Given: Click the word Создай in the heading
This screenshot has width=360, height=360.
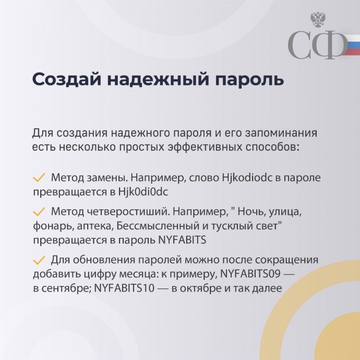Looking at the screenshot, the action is pyautogui.click(x=67, y=79).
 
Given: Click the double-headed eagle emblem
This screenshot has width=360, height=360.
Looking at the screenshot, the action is pyautogui.click(x=318, y=20).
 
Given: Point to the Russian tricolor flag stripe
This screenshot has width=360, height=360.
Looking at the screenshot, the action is pyautogui.click(x=351, y=45).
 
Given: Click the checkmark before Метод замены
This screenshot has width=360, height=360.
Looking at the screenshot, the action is pyautogui.click(x=39, y=178).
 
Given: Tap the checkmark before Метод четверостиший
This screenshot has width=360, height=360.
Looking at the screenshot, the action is pyautogui.click(x=39, y=211).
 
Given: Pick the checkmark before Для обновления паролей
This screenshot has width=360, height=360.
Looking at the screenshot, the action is pyautogui.click(x=39, y=260).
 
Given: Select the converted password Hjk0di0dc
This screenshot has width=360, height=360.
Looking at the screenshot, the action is pyautogui.click(x=143, y=192).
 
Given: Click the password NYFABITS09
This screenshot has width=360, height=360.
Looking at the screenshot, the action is pyautogui.click(x=250, y=274).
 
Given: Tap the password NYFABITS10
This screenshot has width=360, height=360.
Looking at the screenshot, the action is pyautogui.click(x=124, y=288).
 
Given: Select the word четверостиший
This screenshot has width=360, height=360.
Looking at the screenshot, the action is pyautogui.click(x=128, y=212).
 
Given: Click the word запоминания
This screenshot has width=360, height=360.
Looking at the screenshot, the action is pyautogui.click(x=281, y=134).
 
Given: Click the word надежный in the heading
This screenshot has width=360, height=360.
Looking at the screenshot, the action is pyautogui.click(x=158, y=79).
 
